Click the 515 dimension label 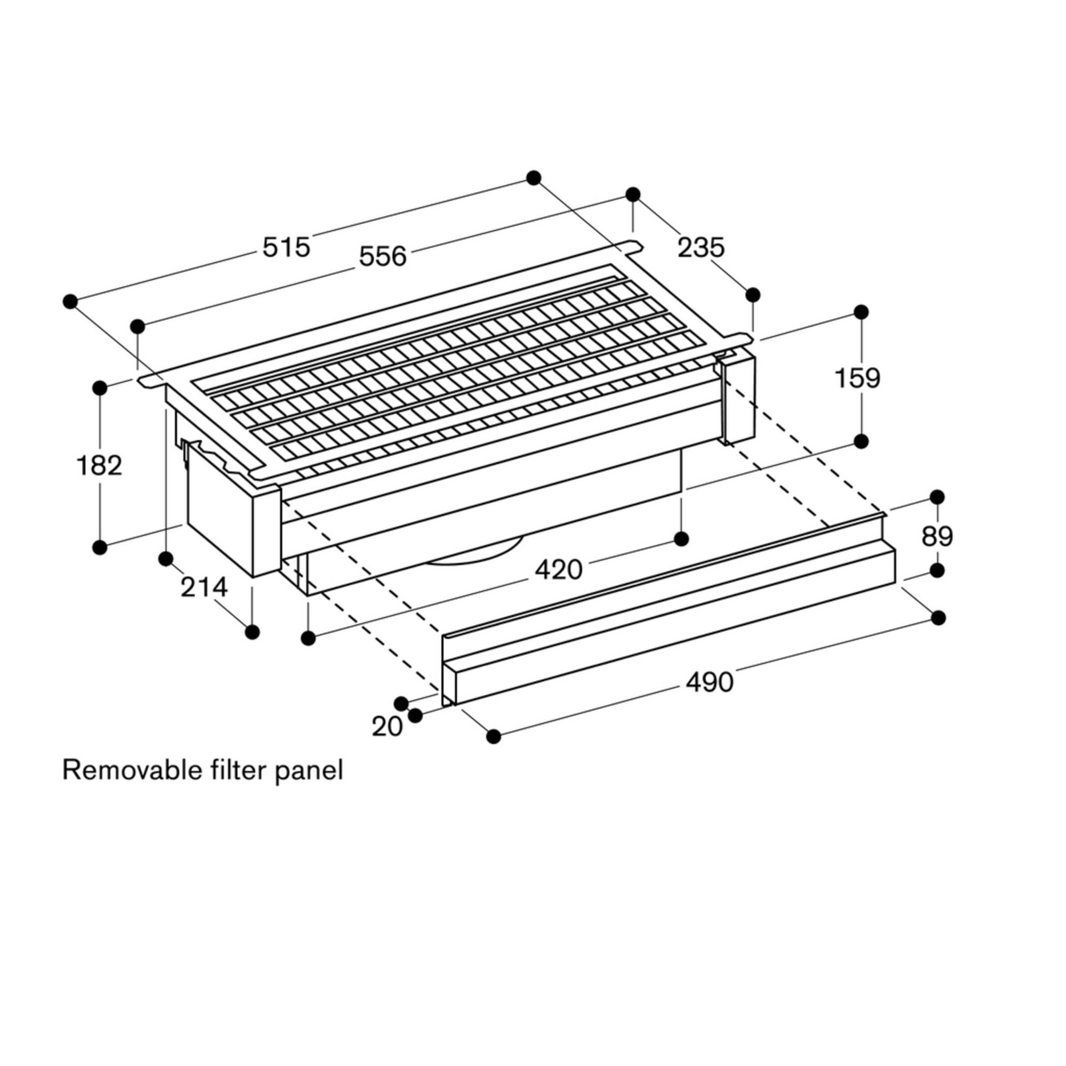[x=286, y=247]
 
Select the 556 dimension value [x=383, y=256]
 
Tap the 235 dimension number [x=701, y=248]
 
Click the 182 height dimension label [x=99, y=466]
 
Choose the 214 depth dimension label [x=204, y=587]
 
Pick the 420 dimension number [x=559, y=570]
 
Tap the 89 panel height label [x=937, y=536]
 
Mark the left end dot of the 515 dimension [x=69, y=301]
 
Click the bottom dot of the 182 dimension [x=100, y=547]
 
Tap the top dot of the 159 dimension [x=861, y=312]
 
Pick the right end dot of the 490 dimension [x=938, y=618]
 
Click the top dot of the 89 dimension [x=937, y=497]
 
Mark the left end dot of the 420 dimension [x=309, y=638]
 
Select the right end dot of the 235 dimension [x=753, y=295]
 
